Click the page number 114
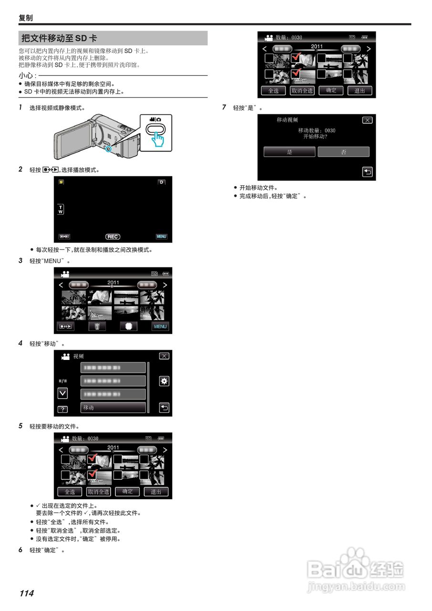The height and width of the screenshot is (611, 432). [x=26, y=593]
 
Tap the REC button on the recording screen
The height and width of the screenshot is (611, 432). [x=113, y=237]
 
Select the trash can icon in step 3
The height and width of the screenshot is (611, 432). [x=97, y=327]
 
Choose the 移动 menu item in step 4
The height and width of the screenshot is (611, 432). [x=113, y=408]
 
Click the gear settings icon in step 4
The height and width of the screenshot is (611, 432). [x=164, y=381]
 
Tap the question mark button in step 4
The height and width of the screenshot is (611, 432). [x=63, y=410]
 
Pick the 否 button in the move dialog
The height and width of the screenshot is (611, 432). [x=344, y=152]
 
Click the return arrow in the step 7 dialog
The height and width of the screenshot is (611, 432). [x=367, y=172]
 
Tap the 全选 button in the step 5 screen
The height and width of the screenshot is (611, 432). [x=70, y=492]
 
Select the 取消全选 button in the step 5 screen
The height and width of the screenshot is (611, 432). [x=98, y=492]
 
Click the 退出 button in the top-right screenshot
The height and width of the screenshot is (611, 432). [x=359, y=91]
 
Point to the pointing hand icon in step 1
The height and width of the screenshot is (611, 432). [x=158, y=139]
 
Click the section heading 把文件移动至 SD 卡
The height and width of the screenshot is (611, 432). [x=59, y=38]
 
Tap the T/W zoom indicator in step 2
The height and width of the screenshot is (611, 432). [x=60, y=209]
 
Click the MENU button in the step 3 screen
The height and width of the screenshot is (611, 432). [x=160, y=327]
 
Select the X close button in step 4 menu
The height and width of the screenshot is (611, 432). [x=164, y=356]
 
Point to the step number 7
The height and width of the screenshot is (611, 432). [x=224, y=107]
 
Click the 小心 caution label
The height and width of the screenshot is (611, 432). [x=27, y=75]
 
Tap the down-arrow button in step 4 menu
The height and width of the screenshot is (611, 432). [x=63, y=393]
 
